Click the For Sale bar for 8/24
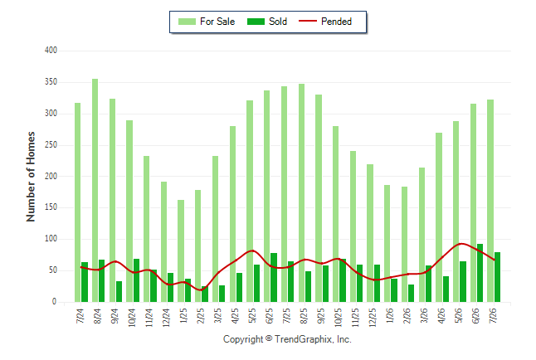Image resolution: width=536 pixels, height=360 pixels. (95, 191)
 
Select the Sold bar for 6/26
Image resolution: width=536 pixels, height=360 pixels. (480, 273)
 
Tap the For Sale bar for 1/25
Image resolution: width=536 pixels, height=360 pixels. (181, 251)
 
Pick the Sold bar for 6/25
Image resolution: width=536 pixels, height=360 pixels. (274, 278)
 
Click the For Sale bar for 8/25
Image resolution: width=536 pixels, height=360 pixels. (301, 192)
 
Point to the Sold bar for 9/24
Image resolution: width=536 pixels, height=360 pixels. (119, 292)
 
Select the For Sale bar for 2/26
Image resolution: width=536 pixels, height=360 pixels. (404, 245)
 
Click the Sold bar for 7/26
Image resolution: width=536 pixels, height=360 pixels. (497, 277)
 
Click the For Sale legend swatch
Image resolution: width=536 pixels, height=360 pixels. (187, 22)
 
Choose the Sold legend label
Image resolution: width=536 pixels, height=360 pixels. (278, 22)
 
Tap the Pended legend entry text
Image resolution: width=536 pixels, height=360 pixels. (336, 22)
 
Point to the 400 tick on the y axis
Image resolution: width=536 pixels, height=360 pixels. (51, 51)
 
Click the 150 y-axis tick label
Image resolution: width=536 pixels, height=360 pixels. (51, 207)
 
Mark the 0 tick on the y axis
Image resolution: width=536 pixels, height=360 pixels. (55, 302)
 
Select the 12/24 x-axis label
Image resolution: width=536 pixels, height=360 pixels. (167, 317)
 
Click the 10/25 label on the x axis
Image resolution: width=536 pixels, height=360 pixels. (338, 317)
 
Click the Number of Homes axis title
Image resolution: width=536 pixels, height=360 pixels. (31, 177)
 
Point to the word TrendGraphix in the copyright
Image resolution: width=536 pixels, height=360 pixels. (303, 339)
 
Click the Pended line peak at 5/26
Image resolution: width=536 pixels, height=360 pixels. (461, 244)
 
